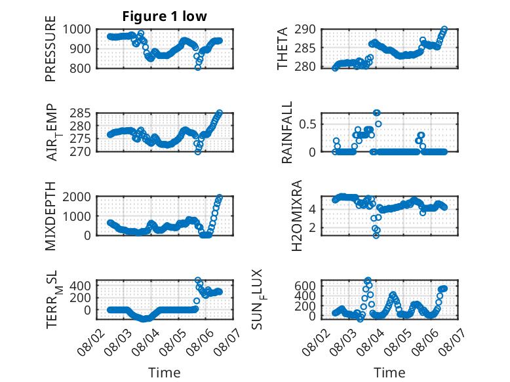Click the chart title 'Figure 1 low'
[165, 16]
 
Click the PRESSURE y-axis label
[50, 48]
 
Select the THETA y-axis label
[283, 48]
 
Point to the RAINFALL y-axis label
[287, 132]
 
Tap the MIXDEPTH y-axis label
[50, 216]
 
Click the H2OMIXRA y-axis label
[297, 216]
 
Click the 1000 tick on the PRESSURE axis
[77, 29]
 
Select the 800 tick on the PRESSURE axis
[80, 68]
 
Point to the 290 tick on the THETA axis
[305, 29]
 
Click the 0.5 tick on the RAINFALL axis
[307, 124]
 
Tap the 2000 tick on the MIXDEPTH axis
[77, 197]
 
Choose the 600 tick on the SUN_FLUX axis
[305, 286]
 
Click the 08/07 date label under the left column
[227, 341]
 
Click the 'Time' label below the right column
[389, 373]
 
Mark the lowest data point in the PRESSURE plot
[198, 67]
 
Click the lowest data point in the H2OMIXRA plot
[376, 235]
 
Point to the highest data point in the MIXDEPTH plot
[220, 197]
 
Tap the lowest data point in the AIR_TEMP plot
[198, 152]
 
